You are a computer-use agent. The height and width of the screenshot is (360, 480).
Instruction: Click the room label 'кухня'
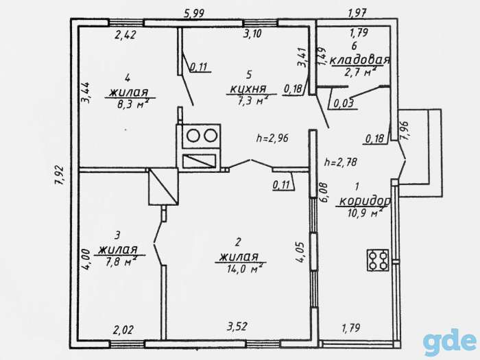[x=248, y=89]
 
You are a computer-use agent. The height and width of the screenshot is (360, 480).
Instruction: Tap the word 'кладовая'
[x=360, y=60]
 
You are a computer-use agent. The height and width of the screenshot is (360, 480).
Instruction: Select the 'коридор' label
[x=365, y=201]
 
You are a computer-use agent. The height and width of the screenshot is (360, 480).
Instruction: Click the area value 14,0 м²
[x=245, y=269]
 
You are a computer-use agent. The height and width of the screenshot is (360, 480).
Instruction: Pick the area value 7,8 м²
[x=120, y=261]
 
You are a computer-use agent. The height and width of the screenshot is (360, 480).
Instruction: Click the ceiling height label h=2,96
[x=272, y=139]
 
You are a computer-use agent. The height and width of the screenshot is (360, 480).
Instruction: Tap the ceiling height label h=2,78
[x=341, y=162]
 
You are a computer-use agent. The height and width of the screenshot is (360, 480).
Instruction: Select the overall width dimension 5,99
[x=193, y=14]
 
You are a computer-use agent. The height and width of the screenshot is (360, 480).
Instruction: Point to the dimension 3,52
[x=237, y=326]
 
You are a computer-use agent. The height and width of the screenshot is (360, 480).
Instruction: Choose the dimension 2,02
[x=123, y=330]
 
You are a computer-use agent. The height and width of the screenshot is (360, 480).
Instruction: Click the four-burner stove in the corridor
[x=378, y=260]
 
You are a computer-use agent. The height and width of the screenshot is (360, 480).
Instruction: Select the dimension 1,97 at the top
[x=357, y=13]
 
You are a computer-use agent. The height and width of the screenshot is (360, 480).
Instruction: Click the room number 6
[x=355, y=46]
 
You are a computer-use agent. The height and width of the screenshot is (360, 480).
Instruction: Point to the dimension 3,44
[x=86, y=92]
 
